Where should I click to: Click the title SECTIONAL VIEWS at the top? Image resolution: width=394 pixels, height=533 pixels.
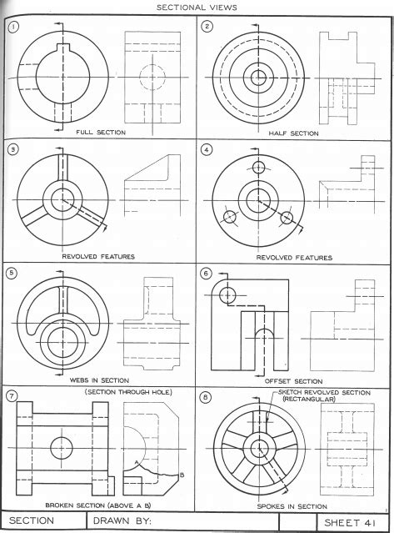197,7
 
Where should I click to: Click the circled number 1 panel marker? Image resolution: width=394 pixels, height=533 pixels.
13,27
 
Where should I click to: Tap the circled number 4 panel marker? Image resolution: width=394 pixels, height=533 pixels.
208,151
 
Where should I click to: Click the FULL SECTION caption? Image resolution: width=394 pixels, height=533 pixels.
100,132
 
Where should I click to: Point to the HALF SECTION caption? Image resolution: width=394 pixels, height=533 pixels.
293,133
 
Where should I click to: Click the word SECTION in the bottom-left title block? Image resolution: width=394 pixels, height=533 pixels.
31,521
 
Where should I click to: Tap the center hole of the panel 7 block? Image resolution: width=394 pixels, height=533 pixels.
62,447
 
